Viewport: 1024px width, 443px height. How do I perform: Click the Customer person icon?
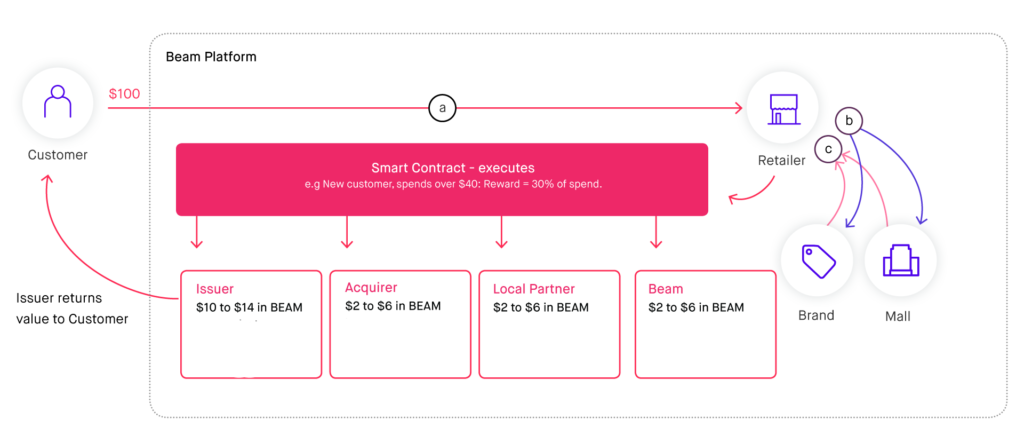57,104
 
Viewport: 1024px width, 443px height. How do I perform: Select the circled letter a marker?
443,107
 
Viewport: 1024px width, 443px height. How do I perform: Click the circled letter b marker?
850,121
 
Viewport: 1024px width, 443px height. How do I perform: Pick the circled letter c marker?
827,148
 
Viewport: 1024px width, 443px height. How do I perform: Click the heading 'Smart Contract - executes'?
441,168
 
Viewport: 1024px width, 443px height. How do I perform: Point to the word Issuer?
215,289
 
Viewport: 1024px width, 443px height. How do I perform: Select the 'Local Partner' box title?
533,289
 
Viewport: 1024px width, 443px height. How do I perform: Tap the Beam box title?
665,289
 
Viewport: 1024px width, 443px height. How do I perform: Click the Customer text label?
57,156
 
